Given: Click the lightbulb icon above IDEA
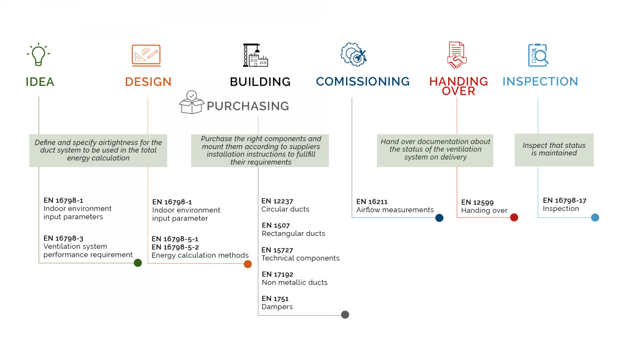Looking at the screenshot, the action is [38, 54].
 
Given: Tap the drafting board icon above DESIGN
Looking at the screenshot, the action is [146, 56].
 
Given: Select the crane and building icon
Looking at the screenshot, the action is [255, 55].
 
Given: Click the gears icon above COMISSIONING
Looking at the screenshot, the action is [353, 54].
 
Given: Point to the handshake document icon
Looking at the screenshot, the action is [457, 55].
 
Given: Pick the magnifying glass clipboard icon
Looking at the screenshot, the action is [538, 55].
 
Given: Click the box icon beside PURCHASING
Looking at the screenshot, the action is [192, 102].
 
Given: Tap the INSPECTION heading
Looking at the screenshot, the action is [540, 82].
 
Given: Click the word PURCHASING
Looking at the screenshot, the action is [248, 106].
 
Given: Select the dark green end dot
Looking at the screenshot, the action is [137, 263].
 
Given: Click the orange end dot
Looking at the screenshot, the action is [248, 264].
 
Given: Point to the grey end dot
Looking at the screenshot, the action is [345, 315].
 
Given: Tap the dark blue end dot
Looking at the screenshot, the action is [439, 218].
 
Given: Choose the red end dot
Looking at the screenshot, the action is [514, 217].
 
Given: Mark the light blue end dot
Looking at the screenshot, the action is [595, 217].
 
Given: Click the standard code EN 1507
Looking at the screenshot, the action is [275, 226].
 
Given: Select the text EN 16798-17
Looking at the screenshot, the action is [565, 201].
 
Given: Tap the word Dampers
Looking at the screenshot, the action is [277, 307].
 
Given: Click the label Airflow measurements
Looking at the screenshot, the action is [395, 210].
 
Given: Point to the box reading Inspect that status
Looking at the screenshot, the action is [554, 150].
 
